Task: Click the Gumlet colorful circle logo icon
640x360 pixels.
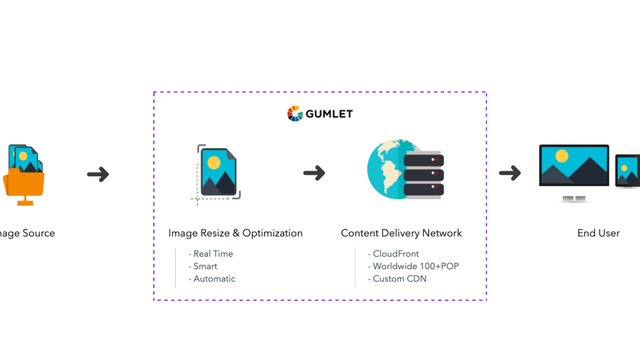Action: click(293, 113)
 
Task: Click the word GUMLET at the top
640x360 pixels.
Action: click(328, 113)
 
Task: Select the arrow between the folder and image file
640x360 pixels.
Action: click(98, 174)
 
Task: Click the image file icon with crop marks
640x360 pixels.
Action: click(217, 172)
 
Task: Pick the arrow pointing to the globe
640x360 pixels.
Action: click(314, 173)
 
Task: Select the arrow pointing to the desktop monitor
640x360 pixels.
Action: click(510, 173)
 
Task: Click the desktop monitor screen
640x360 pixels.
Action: click(574, 168)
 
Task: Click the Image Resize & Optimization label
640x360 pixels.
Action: click(235, 234)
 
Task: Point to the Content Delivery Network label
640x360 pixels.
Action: click(401, 234)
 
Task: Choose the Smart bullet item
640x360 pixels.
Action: click(207, 267)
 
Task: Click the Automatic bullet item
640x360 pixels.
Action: click(213, 279)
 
